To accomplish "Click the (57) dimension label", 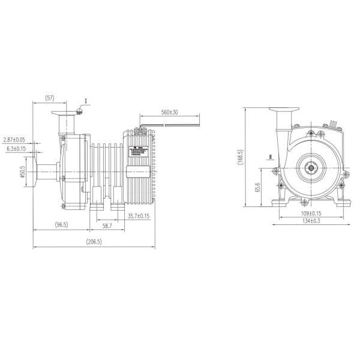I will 50,97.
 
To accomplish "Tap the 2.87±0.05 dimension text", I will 17,140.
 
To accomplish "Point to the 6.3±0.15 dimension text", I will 17,148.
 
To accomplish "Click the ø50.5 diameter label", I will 23,172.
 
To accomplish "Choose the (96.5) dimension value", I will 61,224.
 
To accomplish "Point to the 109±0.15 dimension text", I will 311,214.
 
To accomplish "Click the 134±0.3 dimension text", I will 311,221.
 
